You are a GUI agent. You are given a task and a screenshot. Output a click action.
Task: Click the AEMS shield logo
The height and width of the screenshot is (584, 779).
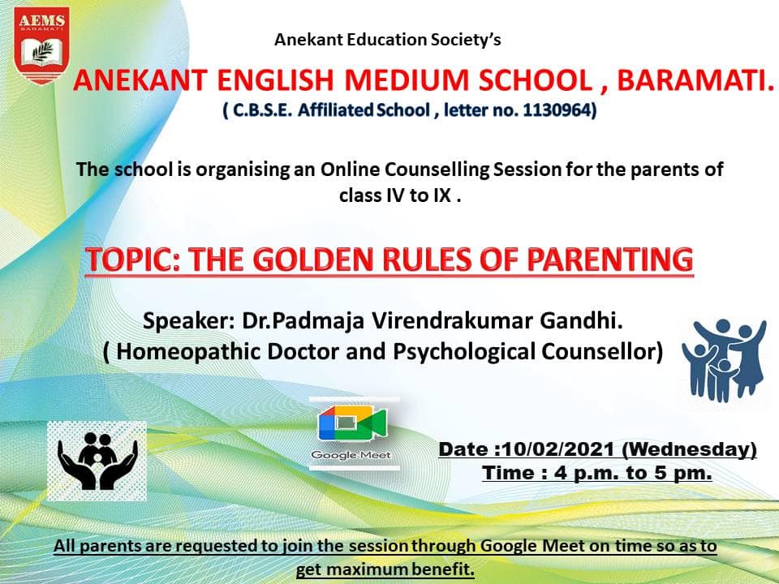41,45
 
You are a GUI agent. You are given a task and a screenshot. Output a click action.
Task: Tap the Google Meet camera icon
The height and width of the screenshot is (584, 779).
352,423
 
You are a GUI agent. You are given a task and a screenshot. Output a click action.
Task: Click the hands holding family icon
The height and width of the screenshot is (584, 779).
97,461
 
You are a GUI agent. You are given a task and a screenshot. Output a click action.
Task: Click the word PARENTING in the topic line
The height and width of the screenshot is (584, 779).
610,260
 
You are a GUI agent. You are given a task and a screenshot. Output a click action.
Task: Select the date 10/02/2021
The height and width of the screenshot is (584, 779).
558,449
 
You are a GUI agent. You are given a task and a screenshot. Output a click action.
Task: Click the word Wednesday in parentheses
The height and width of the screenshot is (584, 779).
690,449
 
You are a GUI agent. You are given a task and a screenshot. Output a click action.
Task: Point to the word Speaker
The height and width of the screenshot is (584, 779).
188,321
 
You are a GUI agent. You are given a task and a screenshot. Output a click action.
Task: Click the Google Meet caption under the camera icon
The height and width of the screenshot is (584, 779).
351,455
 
